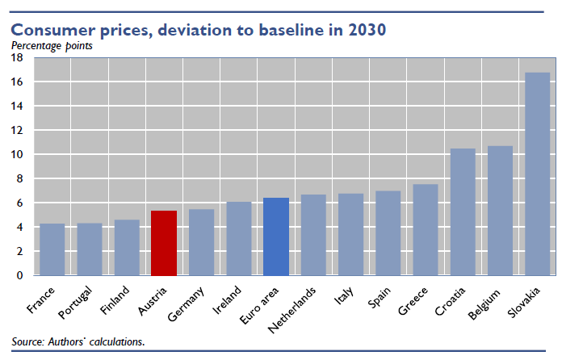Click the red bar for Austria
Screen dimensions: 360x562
(x=165, y=243)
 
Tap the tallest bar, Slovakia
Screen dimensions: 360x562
(x=538, y=174)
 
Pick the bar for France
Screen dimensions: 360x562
(x=52, y=249)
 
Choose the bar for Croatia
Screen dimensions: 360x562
(x=463, y=211)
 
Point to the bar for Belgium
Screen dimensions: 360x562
(x=501, y=211)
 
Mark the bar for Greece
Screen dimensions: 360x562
(x=426, y=230)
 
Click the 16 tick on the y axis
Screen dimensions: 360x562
(x=17, y=82)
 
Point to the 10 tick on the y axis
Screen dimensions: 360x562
(x=17, y=154)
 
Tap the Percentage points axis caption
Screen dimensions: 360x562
(x=51, y=45)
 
